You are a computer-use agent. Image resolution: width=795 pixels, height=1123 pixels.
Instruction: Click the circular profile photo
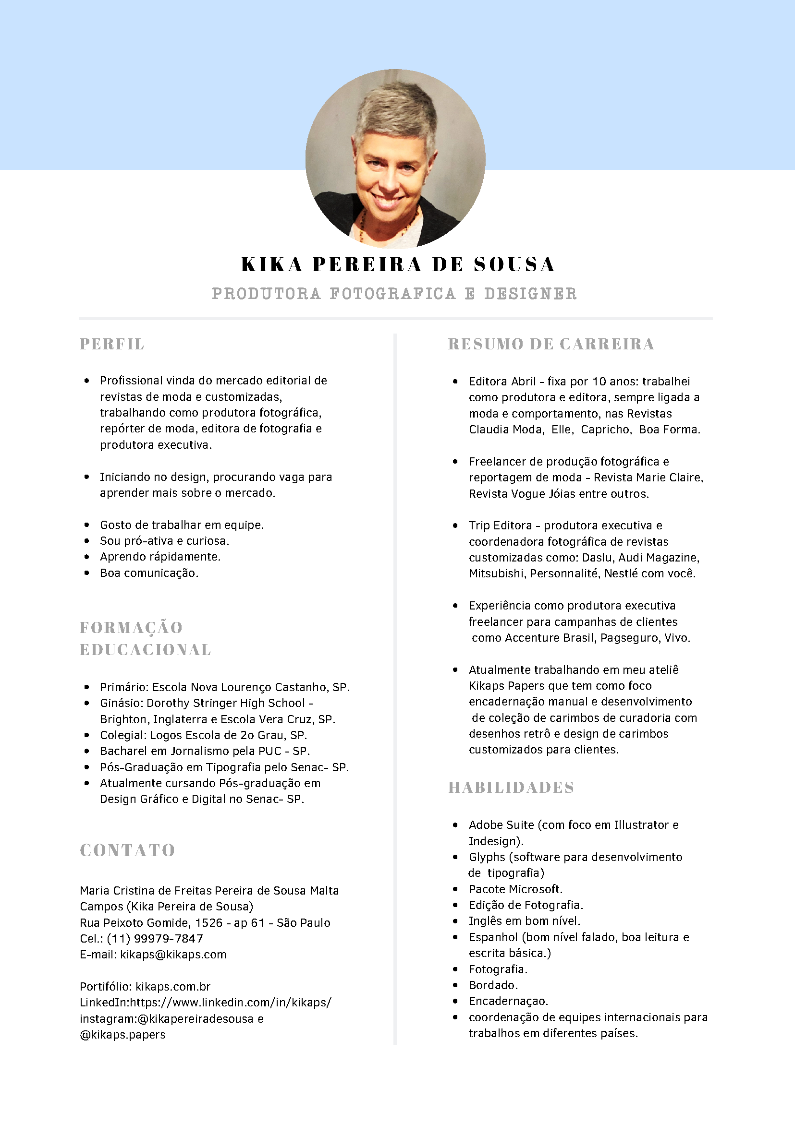pyautogui.click(x=395, y=158)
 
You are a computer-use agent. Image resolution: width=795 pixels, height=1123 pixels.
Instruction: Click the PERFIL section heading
pyautogui.click(x=112, y=344)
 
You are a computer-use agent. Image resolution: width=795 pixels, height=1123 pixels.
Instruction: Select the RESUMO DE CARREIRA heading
pyautogui.click(x=551, y=344)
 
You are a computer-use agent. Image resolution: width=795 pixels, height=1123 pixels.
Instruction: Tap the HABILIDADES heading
pyautogui.click(x=511, y=788)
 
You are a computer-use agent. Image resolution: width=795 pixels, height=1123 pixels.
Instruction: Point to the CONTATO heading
pyautogui.click(x=127, y=850)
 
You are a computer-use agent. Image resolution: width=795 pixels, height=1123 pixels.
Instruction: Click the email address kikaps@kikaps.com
pyautogui.click(x=173, y=955)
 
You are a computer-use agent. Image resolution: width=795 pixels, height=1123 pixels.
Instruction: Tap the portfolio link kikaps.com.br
pyautogui.click(x=173, y=987)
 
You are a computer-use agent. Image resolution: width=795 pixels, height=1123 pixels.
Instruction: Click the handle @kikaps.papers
pyautogui.click(x=123, y=1035)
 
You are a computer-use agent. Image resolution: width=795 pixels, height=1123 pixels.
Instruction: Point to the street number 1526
pyautogui.click(x=208, y=923)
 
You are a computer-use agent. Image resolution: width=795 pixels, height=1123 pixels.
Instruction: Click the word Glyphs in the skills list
pyautogui.click(x=487, y=857)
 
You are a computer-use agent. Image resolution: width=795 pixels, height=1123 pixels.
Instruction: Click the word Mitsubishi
pyautogui.click(x=497, y=573)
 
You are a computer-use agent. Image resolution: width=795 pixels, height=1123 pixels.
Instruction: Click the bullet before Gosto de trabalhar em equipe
pyautogui.click(x=86, y=525)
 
